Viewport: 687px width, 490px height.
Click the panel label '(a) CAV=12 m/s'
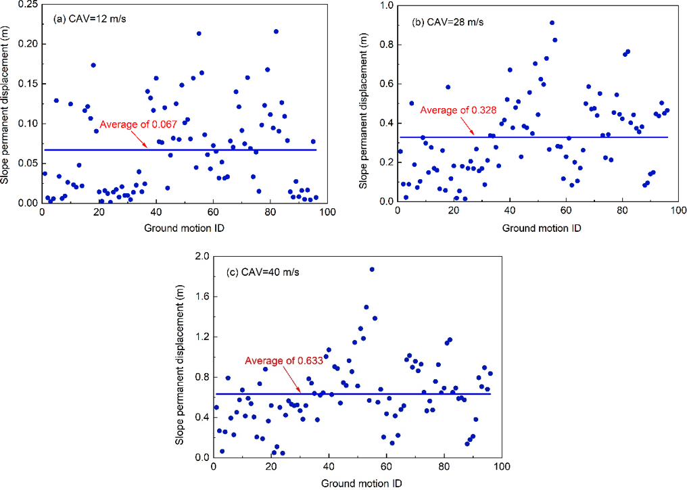tap(89, 19)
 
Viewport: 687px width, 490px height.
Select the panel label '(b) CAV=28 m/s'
tap(448, 22)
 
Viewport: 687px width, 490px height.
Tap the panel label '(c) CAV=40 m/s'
tap(263, 272)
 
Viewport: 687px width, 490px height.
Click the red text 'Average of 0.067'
tap(138, 124)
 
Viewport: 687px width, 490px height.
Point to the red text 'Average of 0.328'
tap(458, 110)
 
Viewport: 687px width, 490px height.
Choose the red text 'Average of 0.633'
tap(283, 361)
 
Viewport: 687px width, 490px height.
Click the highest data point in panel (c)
tap(372, 269)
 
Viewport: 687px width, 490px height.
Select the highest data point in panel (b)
tap(552, 23)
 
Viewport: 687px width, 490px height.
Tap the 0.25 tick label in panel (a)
tap(28, 4)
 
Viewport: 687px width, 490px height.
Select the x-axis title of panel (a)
tap(184, 228)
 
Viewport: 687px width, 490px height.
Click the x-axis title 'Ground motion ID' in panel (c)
tap(362, 483)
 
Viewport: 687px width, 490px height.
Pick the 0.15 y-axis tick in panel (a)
tap(28, 84)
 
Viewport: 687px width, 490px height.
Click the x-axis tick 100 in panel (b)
tap(679, 211)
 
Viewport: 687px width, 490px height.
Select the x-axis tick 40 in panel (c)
tap(329, 466)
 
